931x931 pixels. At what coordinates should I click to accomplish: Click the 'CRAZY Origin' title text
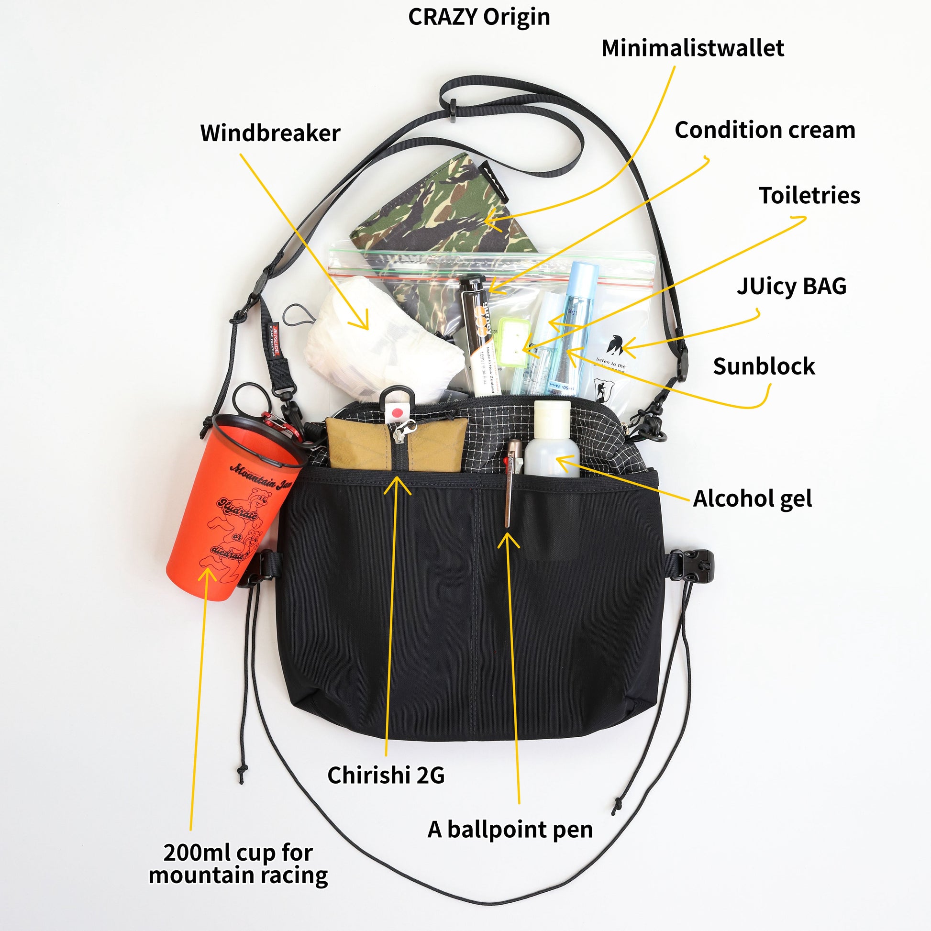click(478, 17)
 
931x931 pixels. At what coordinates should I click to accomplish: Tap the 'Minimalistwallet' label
click(692, 48)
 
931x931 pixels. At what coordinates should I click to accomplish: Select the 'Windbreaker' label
click(270, 133)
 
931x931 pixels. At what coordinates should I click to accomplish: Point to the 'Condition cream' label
click(765, 130)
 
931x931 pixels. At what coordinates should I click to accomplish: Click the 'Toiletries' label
click(809, 196)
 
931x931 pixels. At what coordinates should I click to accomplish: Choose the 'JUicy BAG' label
click(791, 286)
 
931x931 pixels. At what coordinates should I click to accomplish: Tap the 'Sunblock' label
click(764, 367)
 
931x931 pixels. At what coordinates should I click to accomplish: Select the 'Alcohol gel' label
click(752, 499)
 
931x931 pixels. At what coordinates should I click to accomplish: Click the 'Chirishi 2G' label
click(386, 776)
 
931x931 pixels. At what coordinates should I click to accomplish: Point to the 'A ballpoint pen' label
click(510, 830)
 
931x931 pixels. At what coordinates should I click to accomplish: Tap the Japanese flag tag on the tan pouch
click(397, 412)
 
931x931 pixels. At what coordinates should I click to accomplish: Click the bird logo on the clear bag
click(615, 344)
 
